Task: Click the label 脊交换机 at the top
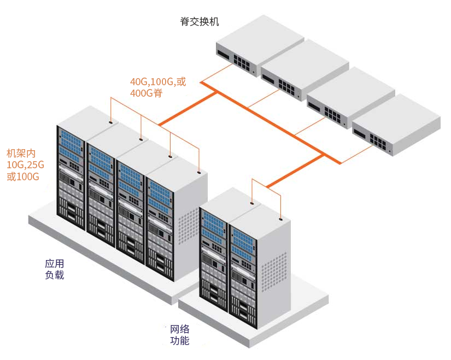(x=200, y=22)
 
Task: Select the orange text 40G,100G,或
(x=157, y=82)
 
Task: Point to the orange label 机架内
(x=21, y=152)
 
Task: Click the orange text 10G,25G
(x=25, y=164)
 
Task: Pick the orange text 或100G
(x=23, y=176)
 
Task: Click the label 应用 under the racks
(x=55, y=263)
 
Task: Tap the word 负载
(x=55, y=275)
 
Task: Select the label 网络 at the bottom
(x=180, y=329)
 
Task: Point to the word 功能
(x=180, y=341)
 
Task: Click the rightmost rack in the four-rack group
(x=164, y=224)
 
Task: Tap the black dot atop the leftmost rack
(x=112, y=123)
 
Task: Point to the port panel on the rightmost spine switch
(x=379, y=141)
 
